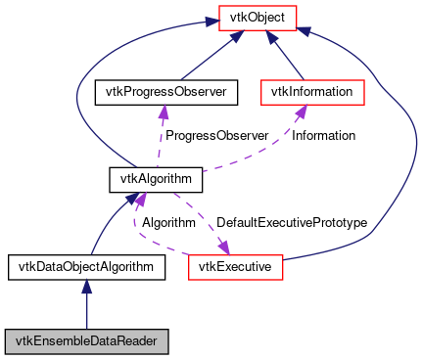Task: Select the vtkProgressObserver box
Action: [x=161, y=92]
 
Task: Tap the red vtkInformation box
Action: [x=311, y=92]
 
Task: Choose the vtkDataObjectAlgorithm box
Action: [x=86, y=265]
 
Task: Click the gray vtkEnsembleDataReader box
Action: [x=86, y=341]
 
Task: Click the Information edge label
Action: [x=323, y=135]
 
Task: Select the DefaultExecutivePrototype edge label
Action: [x=291, y=222]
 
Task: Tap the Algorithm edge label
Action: [x=168, y=222]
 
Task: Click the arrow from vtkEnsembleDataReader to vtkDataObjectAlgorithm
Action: [x=86, y=308]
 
